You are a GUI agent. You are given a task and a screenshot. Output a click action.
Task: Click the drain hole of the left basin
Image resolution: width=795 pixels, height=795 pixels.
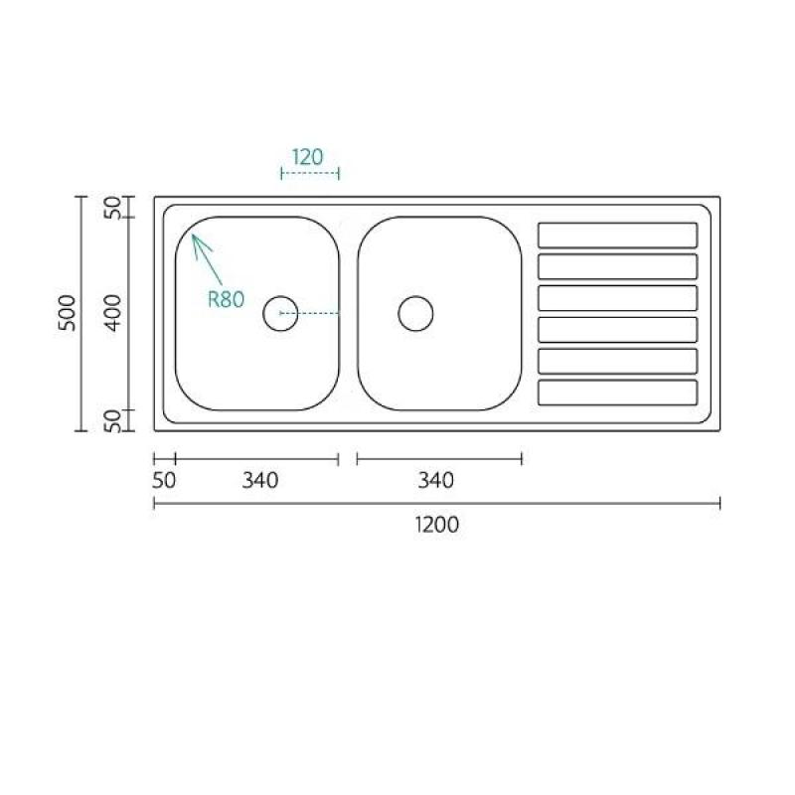pos(280,313)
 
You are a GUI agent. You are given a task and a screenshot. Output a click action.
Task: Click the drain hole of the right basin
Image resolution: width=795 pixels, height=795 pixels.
pos(415,313)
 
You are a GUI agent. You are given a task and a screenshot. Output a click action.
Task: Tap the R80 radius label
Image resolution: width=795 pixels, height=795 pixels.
pos(226,299)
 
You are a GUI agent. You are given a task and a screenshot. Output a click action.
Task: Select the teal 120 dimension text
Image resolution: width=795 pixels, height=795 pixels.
pos(308,156)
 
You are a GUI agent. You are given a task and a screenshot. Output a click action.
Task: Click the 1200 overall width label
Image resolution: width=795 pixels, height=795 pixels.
pos(436,525)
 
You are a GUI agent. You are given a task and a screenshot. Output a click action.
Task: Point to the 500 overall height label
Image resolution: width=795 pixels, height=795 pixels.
pos(67,313)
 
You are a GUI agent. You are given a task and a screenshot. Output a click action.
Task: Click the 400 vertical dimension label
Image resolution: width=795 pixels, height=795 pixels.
pos(113,313)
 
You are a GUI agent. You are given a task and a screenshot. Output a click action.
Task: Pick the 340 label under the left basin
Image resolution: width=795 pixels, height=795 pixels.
pos(260,480)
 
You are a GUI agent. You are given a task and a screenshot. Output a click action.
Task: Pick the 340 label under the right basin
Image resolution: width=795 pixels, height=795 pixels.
pos(435,480)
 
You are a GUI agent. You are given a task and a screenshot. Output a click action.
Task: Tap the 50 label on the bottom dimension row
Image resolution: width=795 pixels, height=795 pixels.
pos(165,480)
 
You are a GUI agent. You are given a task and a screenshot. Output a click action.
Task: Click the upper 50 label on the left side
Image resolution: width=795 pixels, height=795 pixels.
pos(113,208)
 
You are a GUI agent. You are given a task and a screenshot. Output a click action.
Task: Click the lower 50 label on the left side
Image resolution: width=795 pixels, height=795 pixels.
pos(113,419)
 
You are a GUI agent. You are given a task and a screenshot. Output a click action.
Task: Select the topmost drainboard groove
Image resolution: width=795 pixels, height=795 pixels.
pos(617,235)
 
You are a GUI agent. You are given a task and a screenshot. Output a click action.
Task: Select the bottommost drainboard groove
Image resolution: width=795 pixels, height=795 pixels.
pos(617,393)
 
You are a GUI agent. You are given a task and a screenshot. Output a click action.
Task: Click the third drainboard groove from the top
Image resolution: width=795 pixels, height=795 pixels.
pos(617,298)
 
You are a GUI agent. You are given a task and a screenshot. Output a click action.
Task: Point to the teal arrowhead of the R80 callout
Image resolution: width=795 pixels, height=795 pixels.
pos(195,238)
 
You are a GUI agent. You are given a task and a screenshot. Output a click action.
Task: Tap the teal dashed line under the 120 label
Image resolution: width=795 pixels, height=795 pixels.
pos(310,173)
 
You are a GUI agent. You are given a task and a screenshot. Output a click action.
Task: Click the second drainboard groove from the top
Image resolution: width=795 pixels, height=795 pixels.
pos(617,266)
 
